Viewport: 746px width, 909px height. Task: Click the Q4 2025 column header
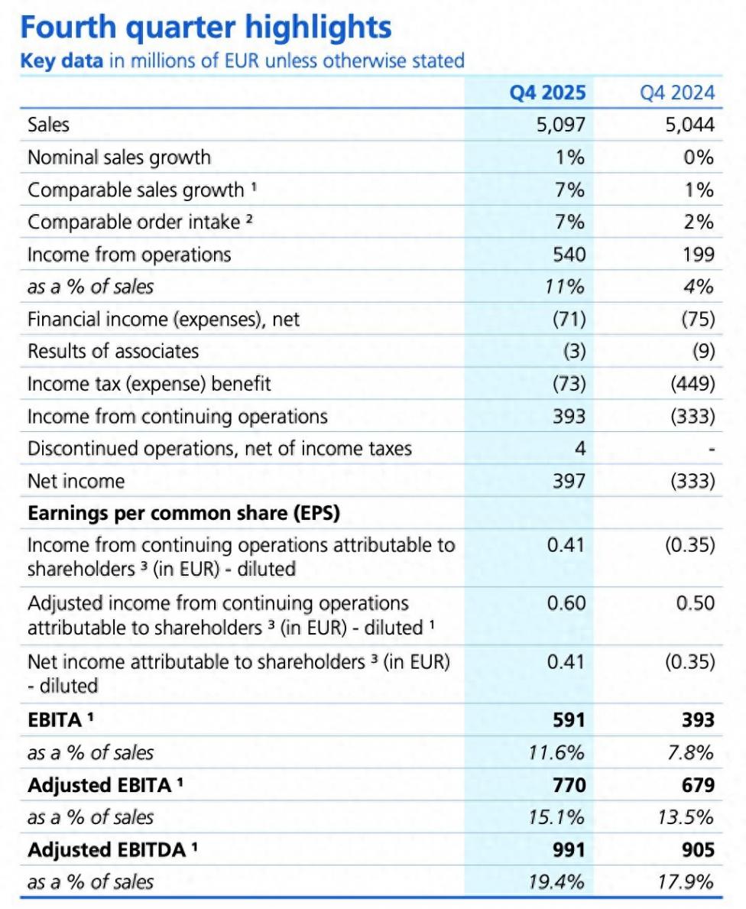coord(548,93)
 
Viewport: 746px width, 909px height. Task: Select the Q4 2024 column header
coord(677,93)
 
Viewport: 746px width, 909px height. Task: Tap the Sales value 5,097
coord(560,125)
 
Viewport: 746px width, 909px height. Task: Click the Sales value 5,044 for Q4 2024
coord(689,125)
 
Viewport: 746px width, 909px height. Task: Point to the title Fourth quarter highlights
coord(206,28)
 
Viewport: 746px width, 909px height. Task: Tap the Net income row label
coord(76,481)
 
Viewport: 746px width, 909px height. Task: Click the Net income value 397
coord(569,481)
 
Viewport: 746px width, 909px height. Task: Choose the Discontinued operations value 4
coord(579,448)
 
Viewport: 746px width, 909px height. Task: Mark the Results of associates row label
coord(113,351)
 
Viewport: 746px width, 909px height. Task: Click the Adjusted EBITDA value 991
coord(569,849)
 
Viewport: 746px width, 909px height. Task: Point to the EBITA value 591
coord(569,720)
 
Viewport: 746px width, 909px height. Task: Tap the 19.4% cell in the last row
coord(556,882)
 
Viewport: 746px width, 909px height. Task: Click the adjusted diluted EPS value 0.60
coord(566,603)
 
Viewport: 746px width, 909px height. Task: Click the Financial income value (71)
coord(568,319)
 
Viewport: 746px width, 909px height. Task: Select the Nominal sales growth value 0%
coord(699,157)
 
